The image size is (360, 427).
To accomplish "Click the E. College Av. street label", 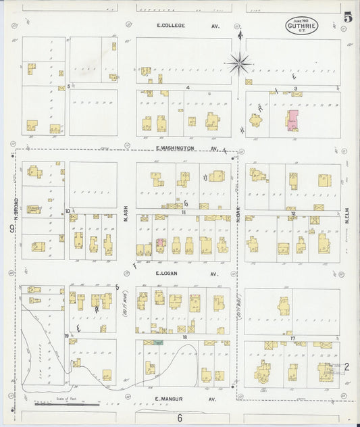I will pos(179,26).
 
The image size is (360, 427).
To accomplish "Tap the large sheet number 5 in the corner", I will pos(347,18).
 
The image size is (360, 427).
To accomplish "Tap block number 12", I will pos(292,213).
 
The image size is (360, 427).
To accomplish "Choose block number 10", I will pos(68,211).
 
